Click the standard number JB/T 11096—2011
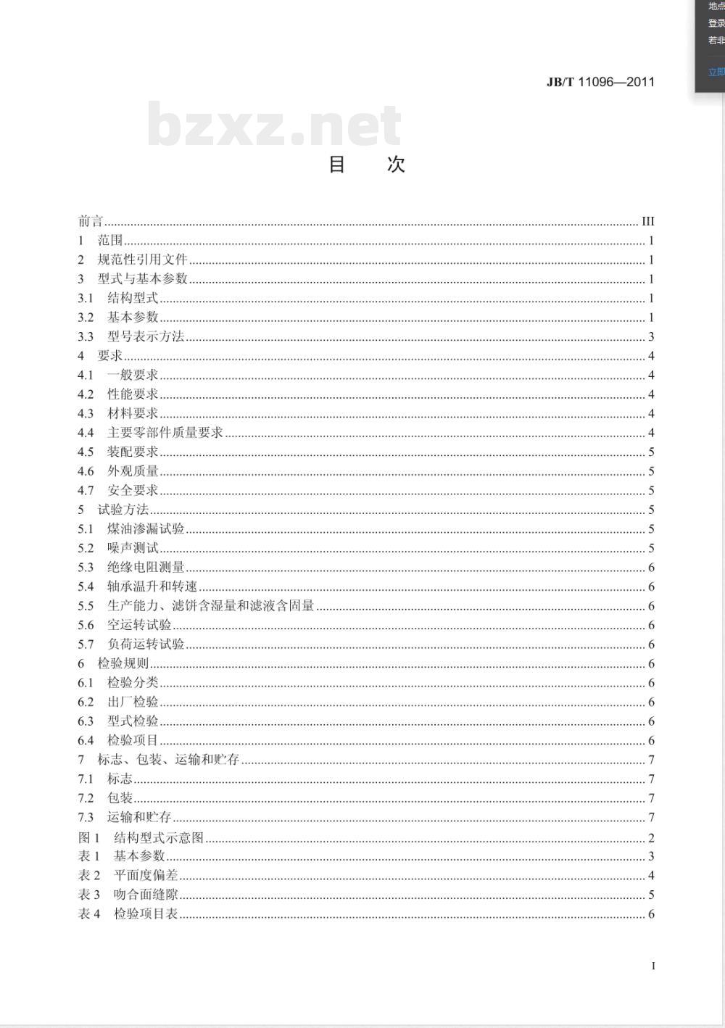pyautogui.click(x=600, y=82)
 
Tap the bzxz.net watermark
pyautogui.click(x=274, y=125)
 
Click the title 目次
pyautogui.click(x=366, y=165)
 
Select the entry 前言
pyautogui.click(x=91, y=221)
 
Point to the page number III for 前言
pyautogui.click(x=647, y=221)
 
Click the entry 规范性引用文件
pyautogui.click(x=142, y=260)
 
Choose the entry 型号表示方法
pyautogui.click(x=146, y=336)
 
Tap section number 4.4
pyautogui.click(x=86, y=433)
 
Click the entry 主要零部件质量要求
pyautogui.click(x=165, y=433)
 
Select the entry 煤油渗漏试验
pyautogui.click(x=146, y=529)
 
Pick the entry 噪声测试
pyautogui.click(x=133, y=548)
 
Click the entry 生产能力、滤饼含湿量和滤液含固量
pyautogui.click(x=210, y=606)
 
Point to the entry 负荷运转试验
pyautogui.click(x=146, y=644)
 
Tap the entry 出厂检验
pyautogui.click(x=133, y=702)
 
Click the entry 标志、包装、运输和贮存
pyautogui.click(x=168, y=760)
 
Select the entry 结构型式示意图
pyautogui.click(x=159, y=837)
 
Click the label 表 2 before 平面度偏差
pyautogui.click(x=89, y=876)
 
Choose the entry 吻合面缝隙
pyautogui.click(x=146, y=895)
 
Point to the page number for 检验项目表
pyautogui.click(x=651, y=914)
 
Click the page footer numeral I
pyautogui.click(x=653, y=966)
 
